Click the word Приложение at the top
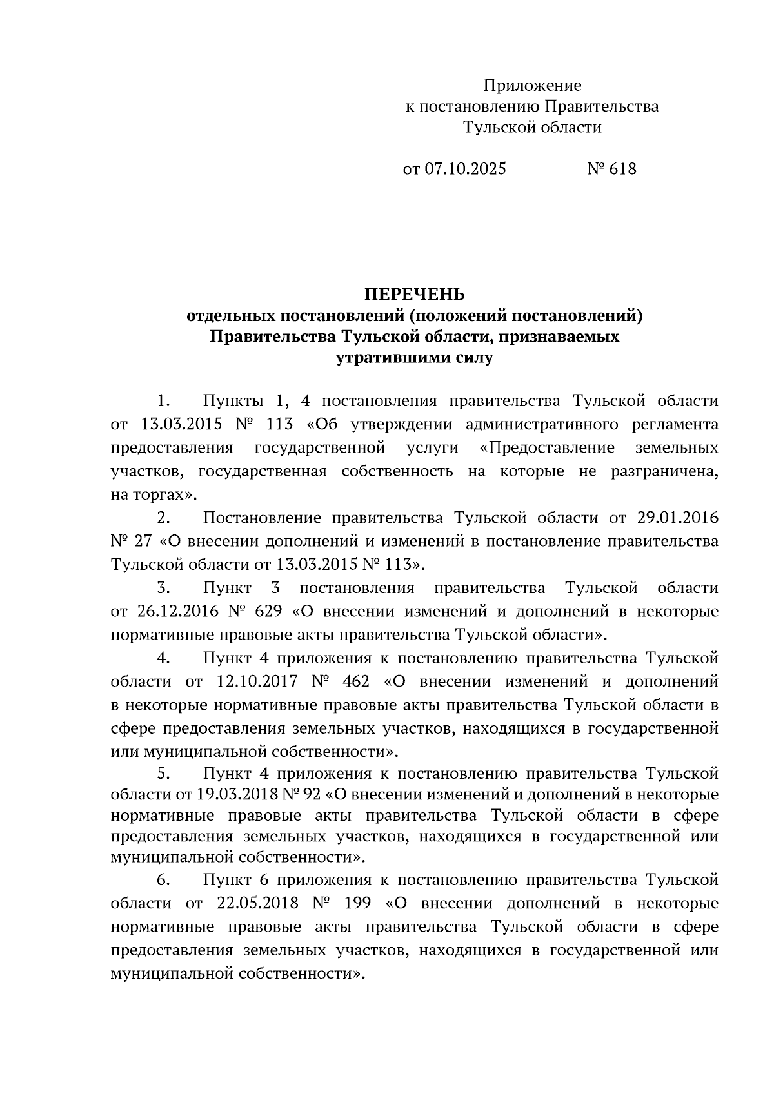[x=532, y=86]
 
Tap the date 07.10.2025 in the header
[x=464, y=169]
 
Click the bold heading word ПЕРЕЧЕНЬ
[x=415, y=295]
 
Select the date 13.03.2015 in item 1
[x=181, y=424]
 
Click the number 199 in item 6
[x=357, y=903]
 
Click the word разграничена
[x=664, y=471]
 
